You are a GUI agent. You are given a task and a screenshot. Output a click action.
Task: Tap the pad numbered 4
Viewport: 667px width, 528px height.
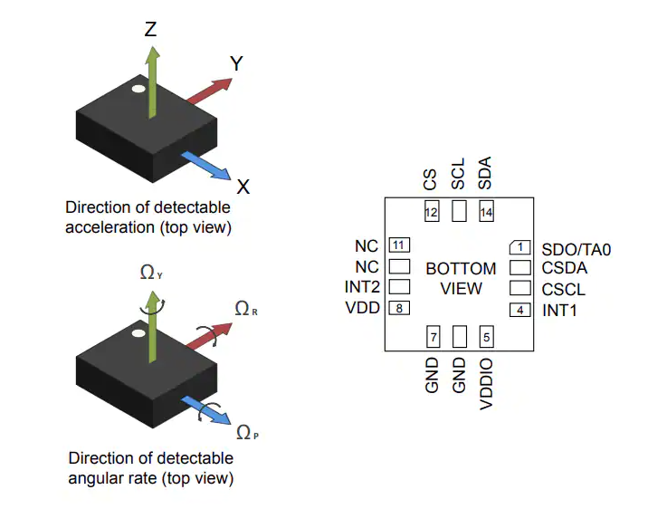519,310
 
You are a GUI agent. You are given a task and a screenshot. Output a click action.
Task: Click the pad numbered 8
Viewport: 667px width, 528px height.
399,308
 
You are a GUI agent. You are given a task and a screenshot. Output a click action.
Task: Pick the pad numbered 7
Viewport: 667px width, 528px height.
434,338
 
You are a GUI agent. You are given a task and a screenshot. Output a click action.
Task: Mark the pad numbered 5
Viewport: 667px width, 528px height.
487,338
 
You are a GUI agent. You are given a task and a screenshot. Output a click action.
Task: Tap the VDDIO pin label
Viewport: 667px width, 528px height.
487,384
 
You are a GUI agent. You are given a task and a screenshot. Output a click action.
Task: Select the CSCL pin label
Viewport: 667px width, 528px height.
564,290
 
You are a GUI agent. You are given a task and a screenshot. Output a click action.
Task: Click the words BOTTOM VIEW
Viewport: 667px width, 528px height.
461,278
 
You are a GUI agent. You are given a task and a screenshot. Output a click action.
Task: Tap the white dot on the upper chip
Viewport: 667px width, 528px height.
137,91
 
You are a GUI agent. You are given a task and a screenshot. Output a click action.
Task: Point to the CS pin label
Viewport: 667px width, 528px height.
431,179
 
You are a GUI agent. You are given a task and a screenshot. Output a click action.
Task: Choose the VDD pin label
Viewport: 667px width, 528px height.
363,308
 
